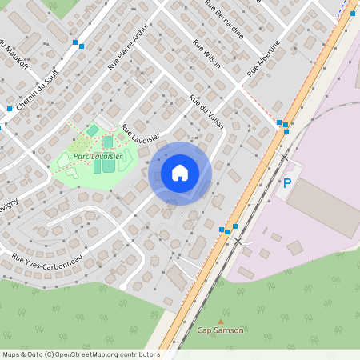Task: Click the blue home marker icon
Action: [x=180, y=172]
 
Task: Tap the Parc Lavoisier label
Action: [x=98, y=157]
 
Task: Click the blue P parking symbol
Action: [x=287, y=183]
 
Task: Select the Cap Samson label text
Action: [x=220, y=329]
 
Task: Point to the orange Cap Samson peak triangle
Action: [x=221, y=320]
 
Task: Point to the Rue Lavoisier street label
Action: [x=141, y=133]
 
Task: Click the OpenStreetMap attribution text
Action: [x=80, y=354]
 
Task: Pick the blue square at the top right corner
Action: [x=352, y=14]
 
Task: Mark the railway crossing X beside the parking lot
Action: [x=283, y=157]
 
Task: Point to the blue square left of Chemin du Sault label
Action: [x=10, y=108]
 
